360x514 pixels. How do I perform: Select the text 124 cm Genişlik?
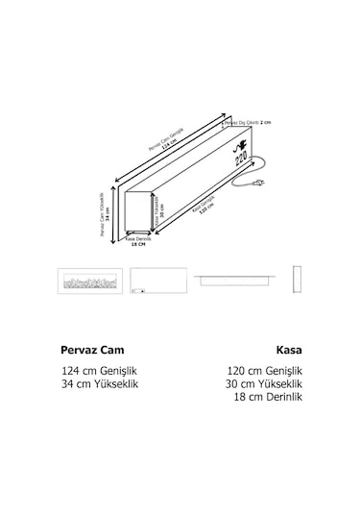click(x=99, y=371)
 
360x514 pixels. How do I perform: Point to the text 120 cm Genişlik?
click(x=264, y=371)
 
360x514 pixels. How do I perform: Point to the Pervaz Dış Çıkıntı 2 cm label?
click(x=249, y=123)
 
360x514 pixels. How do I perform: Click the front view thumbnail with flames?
click(x=89, y=281)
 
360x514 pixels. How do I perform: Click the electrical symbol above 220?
click(x=237, y=148)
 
